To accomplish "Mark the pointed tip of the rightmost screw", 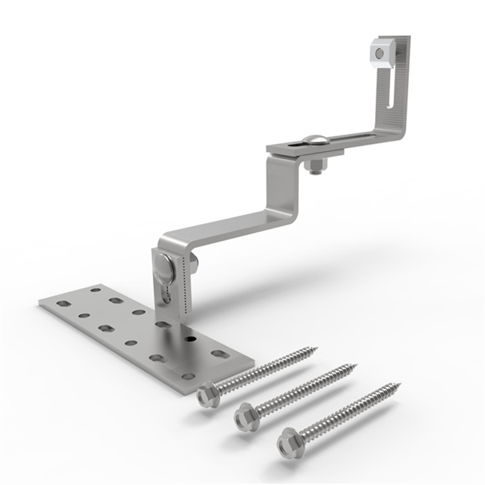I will click(x=400, y=384).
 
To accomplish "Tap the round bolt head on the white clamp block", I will click(x=380, y=53).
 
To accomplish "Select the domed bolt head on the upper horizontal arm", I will click(x=316, y=140).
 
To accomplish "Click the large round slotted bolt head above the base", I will click(x=164, y=266).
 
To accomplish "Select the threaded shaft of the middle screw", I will click(x=303, y=391).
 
